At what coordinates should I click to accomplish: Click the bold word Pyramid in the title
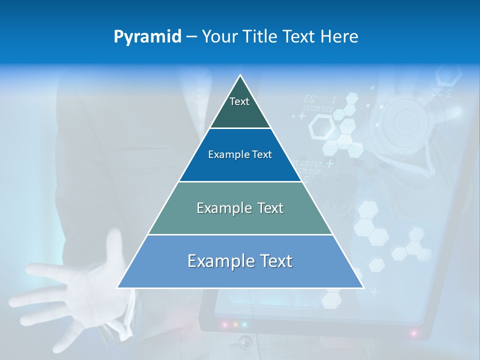(x=147, y=37)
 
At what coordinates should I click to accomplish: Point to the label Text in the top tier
(x=239, y=101)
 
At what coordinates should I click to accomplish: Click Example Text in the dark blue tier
(x=240, y=154)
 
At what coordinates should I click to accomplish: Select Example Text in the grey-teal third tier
(x=240, y=208)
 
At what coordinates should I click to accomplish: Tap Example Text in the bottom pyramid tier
(x=240, y=261)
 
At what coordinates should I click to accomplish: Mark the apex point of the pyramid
(x=240, y=75)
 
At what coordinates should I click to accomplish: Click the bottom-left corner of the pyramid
(x=117, y=288)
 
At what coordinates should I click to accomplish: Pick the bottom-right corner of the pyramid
(x=363, y=288)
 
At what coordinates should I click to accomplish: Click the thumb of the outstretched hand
(x=116, y=245)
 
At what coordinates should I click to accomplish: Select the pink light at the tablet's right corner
(x=414, y=332)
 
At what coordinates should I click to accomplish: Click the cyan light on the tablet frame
(x=244, y=324)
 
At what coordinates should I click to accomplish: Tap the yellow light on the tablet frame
(x=234, y=324)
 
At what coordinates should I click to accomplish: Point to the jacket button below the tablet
(x=245, y=343)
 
